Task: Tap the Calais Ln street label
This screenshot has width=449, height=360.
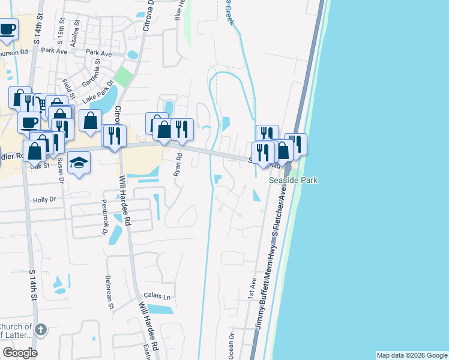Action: [x=157, y=296]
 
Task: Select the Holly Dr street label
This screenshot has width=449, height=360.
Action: [x=44, y=200]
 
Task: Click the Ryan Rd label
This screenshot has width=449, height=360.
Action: [x=178, y=164]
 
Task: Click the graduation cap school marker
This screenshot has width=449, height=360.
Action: [x=79, y=162]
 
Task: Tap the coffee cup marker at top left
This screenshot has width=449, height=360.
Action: [x=8, y=28]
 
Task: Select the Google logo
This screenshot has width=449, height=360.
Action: [x=20, y=353]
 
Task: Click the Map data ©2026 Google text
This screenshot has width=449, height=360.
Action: [x=411, y=355]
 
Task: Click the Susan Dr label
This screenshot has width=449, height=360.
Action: [x=61, y=172]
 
